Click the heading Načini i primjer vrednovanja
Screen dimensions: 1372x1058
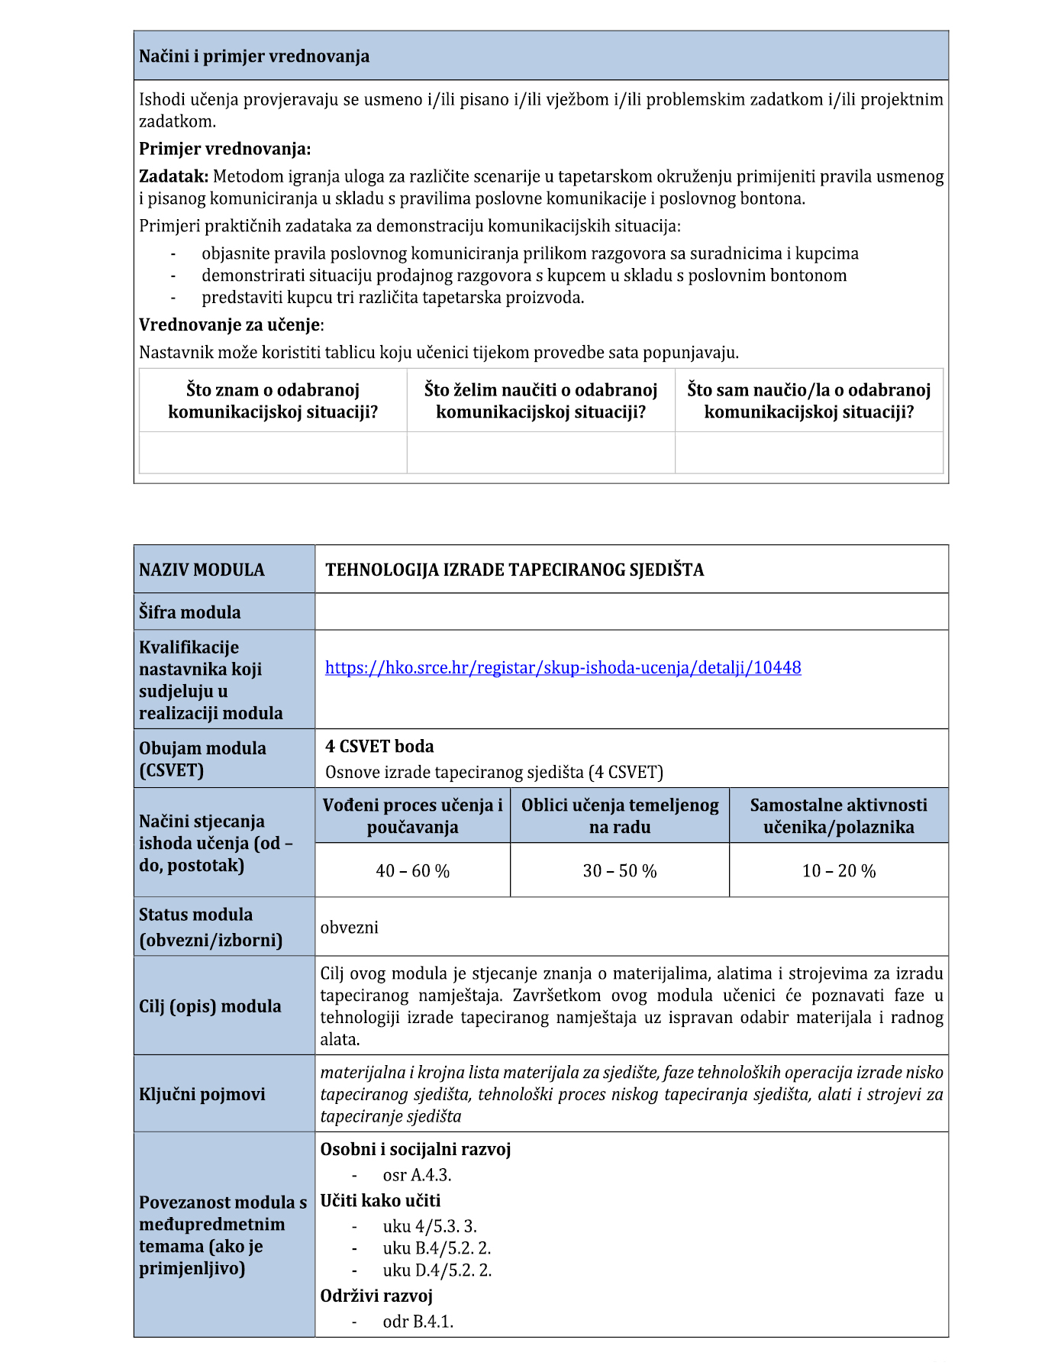click(x=254, y=56)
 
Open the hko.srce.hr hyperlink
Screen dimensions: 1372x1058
click(x=563, y=668)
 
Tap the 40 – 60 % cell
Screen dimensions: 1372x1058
click(x=412, y=871)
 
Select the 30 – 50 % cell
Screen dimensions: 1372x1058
click(x=620, y=871)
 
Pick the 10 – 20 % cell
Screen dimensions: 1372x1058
click(x=838, y=871)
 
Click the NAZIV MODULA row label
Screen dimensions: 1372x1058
click(x=202, y=570)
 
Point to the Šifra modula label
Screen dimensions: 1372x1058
click(x=189, y=612)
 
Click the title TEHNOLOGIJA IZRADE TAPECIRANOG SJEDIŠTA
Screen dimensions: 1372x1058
click(x=514, y=570)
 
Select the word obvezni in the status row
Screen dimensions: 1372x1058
click(x=350, y=928)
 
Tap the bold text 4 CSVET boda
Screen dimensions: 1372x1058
click(x=379, y=747)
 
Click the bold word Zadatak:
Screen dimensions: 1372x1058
click(x=173, y=177)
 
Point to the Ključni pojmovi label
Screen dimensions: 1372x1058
click(x=202, y=1094)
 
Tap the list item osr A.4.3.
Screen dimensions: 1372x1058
click(x=417, y=1175)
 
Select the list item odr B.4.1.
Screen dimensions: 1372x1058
click(x=418, y=1322)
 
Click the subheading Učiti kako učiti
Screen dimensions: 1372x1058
click(x=380, y=1201)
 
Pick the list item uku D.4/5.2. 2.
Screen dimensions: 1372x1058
click(x=437, y=1270)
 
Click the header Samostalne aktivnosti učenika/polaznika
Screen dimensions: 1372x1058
click(x=838, y=816)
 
